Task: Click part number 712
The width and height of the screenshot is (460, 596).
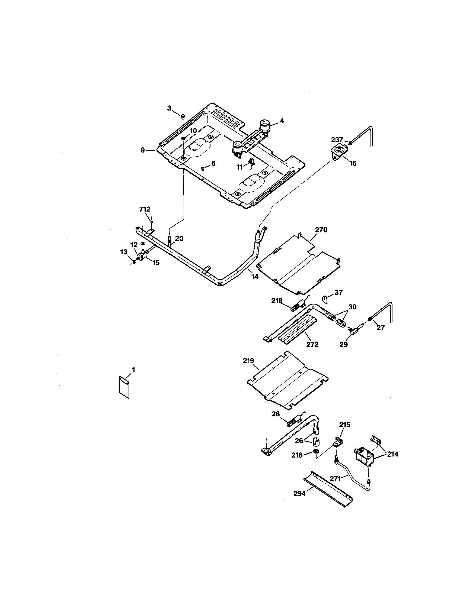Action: point(145,209)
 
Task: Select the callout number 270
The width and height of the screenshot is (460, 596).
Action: point(321,230)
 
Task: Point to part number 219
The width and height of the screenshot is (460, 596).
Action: point(248,361)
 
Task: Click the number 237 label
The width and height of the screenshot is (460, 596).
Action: point(337,140)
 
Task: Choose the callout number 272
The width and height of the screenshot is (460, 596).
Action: point(312,344)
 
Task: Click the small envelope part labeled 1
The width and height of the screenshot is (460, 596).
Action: point(124,387)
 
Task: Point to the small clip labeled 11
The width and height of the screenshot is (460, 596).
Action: point(252,163)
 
